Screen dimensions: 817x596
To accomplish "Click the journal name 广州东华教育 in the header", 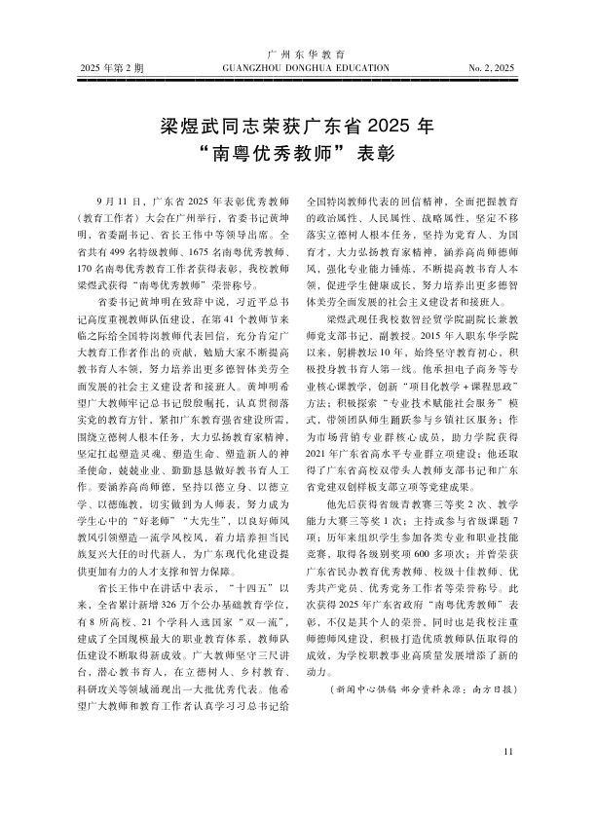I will tap(298, 55).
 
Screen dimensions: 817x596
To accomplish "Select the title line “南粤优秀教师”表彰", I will tap(297, 154).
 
